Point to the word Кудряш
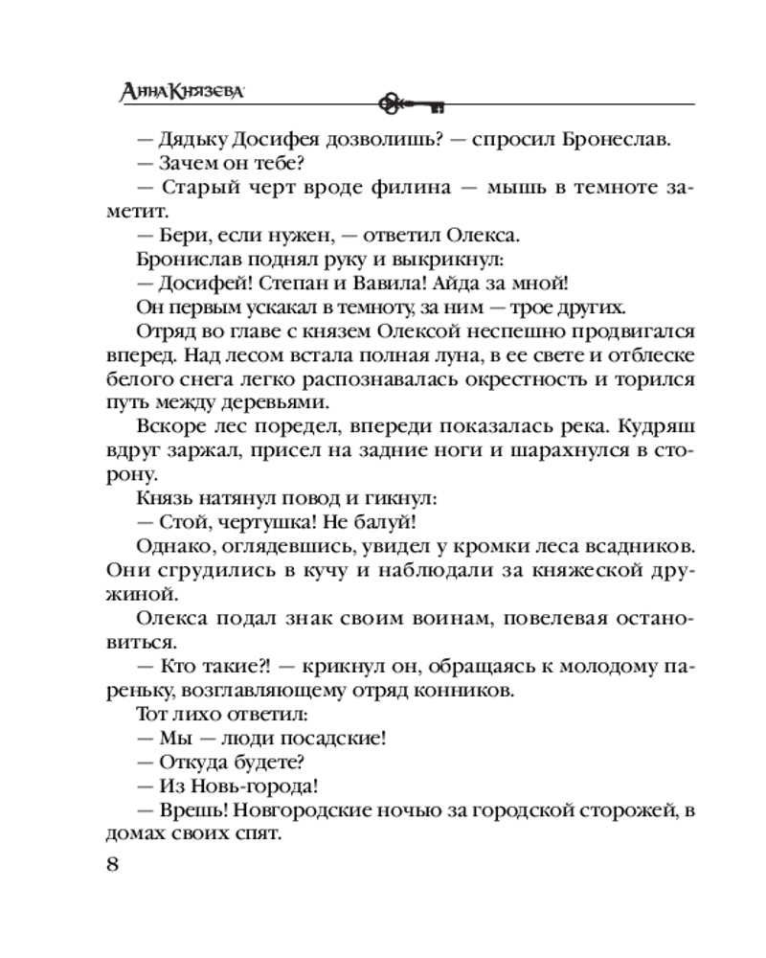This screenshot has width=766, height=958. click(659, 428)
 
